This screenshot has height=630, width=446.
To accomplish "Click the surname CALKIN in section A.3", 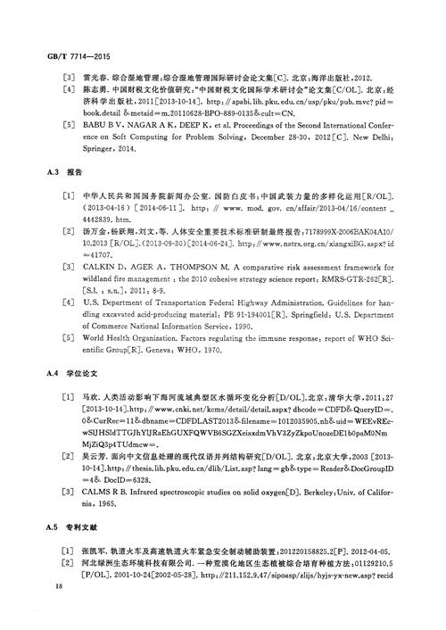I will pyautogui.click(x=95, y=265).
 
